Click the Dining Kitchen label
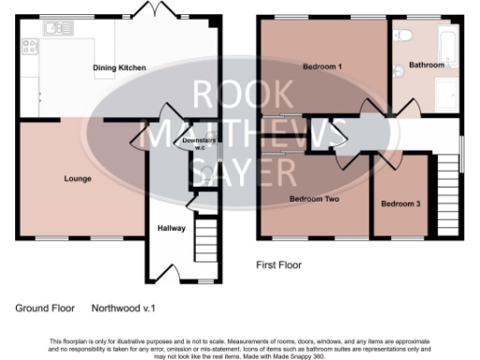[x=118, y=67]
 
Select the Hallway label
[x=171, y=228]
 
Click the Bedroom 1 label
[x=322, y=67]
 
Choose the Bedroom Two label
[x=313, y=199]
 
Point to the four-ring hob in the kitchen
[x=27, y=44]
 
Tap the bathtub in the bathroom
[x=448, y=47]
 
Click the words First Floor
[x=279, y=265]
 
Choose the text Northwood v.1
[x=122, y=307]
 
